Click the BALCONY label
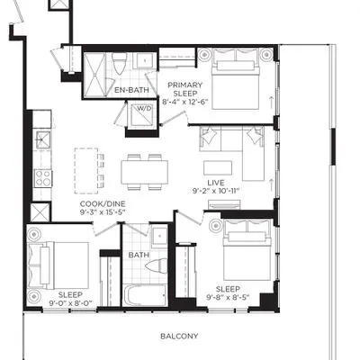pyautogui.click(x=179, y=336)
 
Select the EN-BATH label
pyautogui.click(x=131, y=90)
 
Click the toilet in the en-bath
pyautogui.click(x=119, y=64)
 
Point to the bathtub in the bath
pyautogui.click(x=145, y=295)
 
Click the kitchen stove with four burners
pyautogui.click(x=43, y=178)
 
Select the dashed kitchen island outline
pyautogui.click(x=86, y=171)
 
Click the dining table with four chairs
pyautogui.click(x=144, y=172)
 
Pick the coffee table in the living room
pyautogui.click(x=218, y=168)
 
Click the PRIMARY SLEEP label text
pyautogui.click(x=185, y=89)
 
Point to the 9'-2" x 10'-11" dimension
pyautogui.click(x=216, y=191)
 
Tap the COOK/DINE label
pyautogui.click(x=103, y=204)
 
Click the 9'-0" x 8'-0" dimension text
pyautogui.click(x=70, y=303)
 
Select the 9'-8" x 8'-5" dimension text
pyautogui.click(x=229, y=297)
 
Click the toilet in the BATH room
pyautogui.click(x=157, y=265)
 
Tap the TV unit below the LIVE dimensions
pyautogui.click(x=224, y=204)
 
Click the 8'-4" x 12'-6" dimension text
pyautogui.click(x=185, y=102)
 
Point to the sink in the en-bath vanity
pyautogui.click(x=145, y=61)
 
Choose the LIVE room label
pyautogui.click(x=216, y=183)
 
